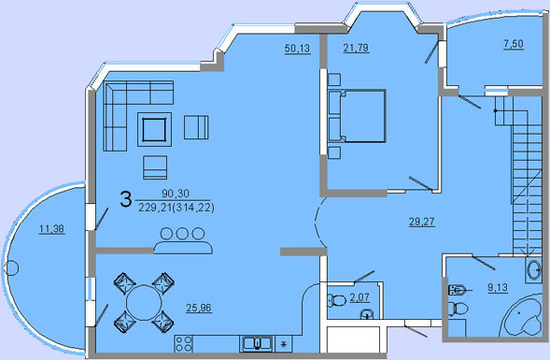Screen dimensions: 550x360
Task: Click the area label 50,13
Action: click(x=297, y=48)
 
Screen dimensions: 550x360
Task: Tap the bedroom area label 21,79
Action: click(x=356, y=47)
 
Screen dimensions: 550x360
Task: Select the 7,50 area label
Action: click(x=514, y=44)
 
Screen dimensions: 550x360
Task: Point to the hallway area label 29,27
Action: click(x=422, y=222)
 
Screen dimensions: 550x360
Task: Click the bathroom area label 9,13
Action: click(x=498, y=287)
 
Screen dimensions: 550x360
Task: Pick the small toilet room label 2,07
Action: click(x=360, y=298)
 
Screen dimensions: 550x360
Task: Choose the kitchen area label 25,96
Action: click(x=199, y=308)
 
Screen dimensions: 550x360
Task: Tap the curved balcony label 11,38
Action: click(x=52, y=229)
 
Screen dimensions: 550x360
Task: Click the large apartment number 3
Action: click(x=126, y=199)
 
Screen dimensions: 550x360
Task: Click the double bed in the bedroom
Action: click(x=357, y=116)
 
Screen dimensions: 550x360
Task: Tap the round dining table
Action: click(x=144, y=302)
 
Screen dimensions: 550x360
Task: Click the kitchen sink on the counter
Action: click(x=257, y=344)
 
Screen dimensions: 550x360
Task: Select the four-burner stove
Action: click(x=183, y=344)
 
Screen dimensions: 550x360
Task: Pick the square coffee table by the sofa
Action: click(x=154, y=129)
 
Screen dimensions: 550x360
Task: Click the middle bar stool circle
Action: click(x=182, y=233)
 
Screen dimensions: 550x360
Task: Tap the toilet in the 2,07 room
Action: click(x=337, y=300)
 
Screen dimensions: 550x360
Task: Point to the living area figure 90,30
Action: click(x=175, y=193)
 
